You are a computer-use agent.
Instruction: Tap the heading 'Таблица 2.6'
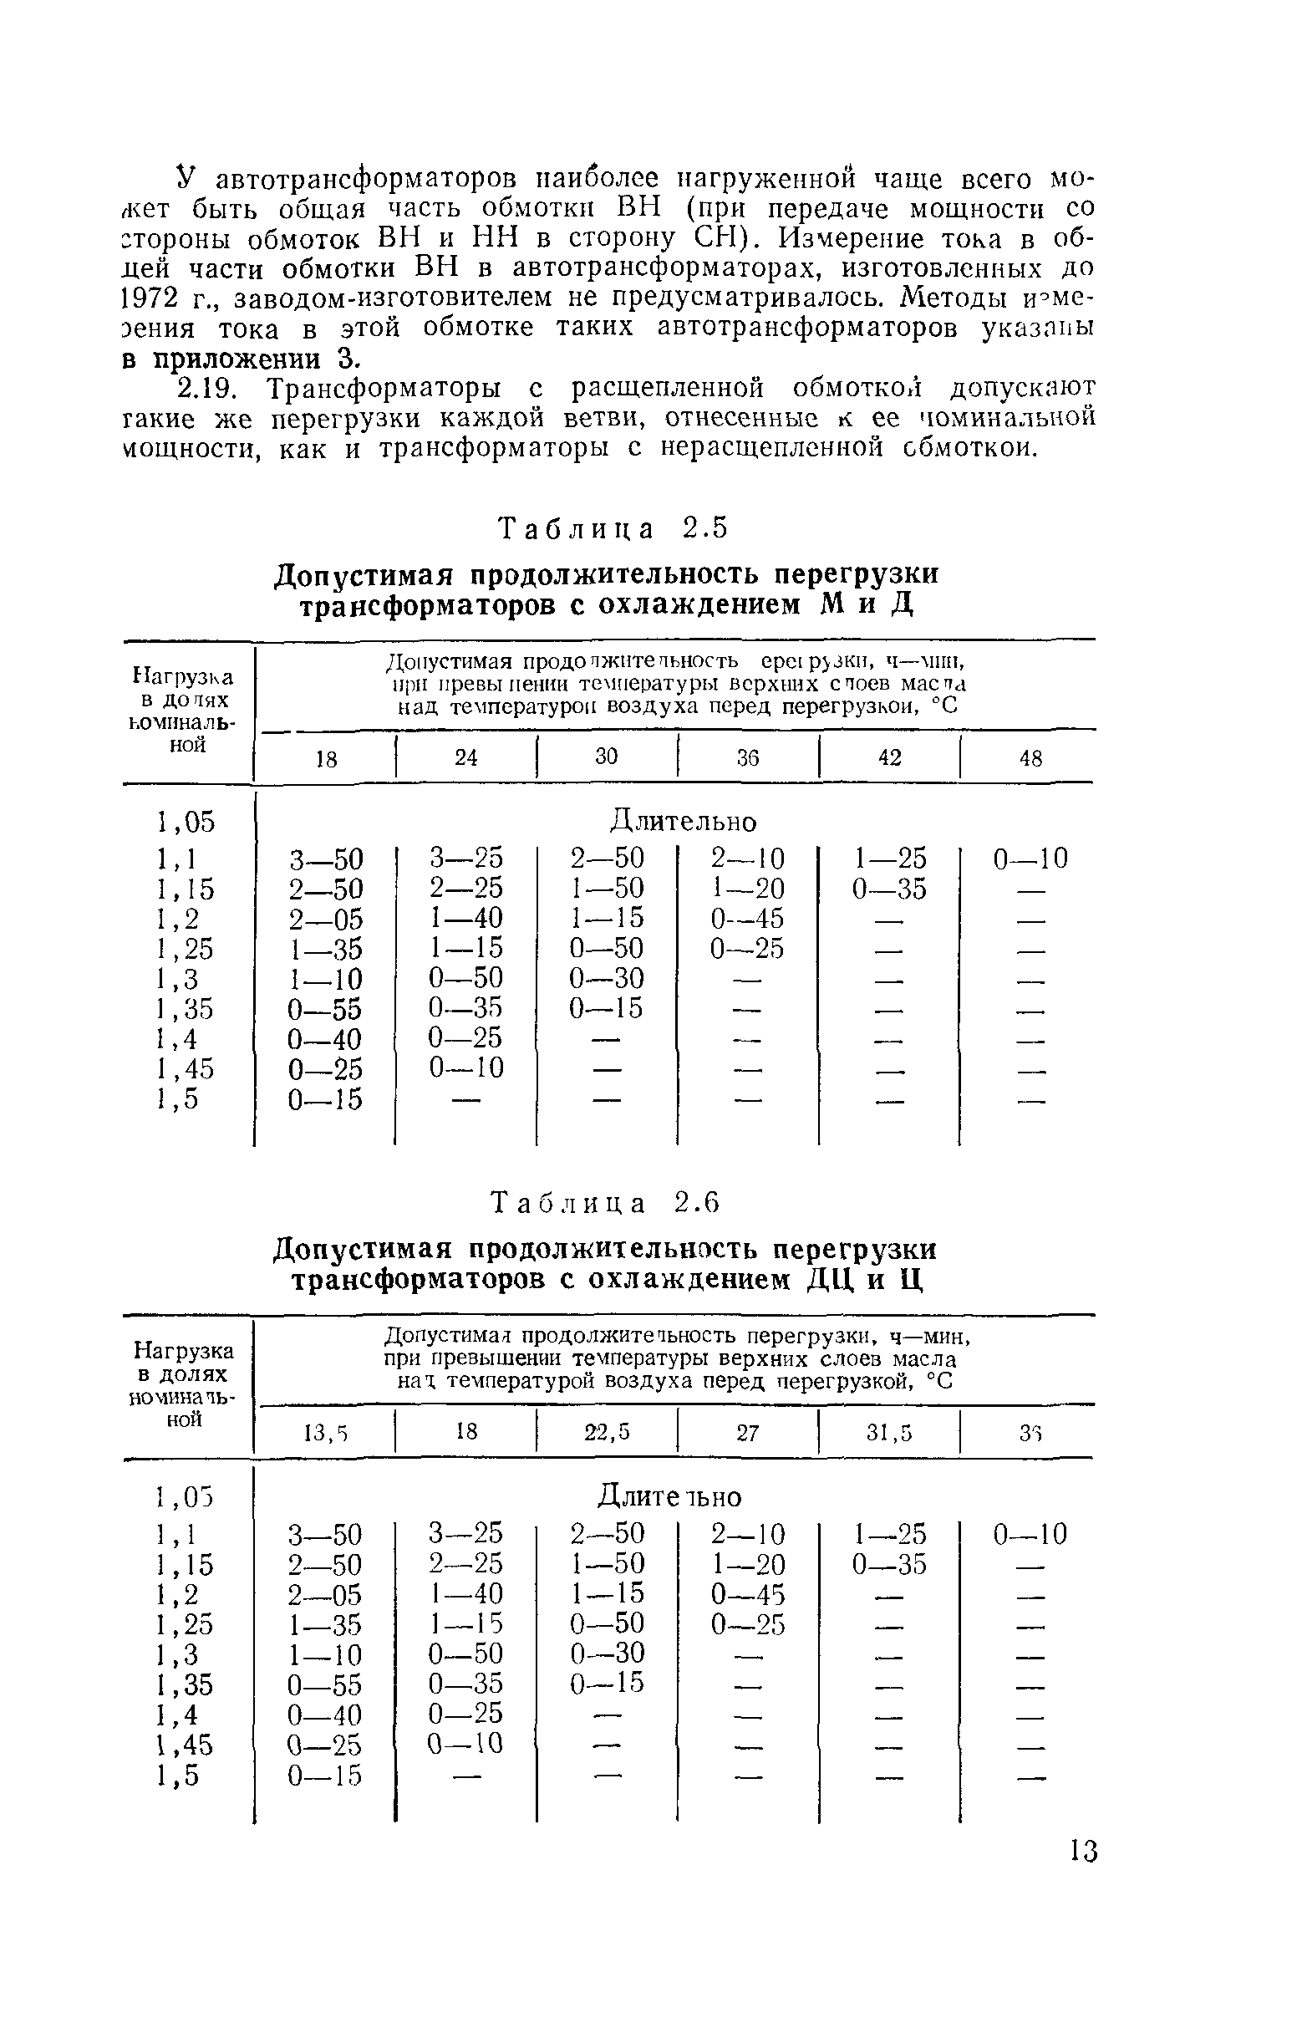coord(606,1203)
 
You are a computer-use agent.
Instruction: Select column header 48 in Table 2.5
coord(1030,758)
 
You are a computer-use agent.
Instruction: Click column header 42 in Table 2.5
coord(889,757)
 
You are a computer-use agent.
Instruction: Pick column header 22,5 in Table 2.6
coord(607,1432)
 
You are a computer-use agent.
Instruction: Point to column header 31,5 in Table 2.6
coord(889,1433)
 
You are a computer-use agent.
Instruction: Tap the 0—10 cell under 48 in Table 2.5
coord(1030,859)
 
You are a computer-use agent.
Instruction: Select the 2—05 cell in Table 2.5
coord(326,920)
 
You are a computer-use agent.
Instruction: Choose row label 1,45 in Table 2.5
coord(186,1070)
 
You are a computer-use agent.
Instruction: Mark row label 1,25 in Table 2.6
coord(186,1624)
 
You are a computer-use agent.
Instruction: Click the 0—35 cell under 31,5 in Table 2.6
coord(889,1565)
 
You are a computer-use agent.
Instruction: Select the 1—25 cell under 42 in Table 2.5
coord(889,859)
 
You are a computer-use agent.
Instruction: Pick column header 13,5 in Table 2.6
coord(326,1433)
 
